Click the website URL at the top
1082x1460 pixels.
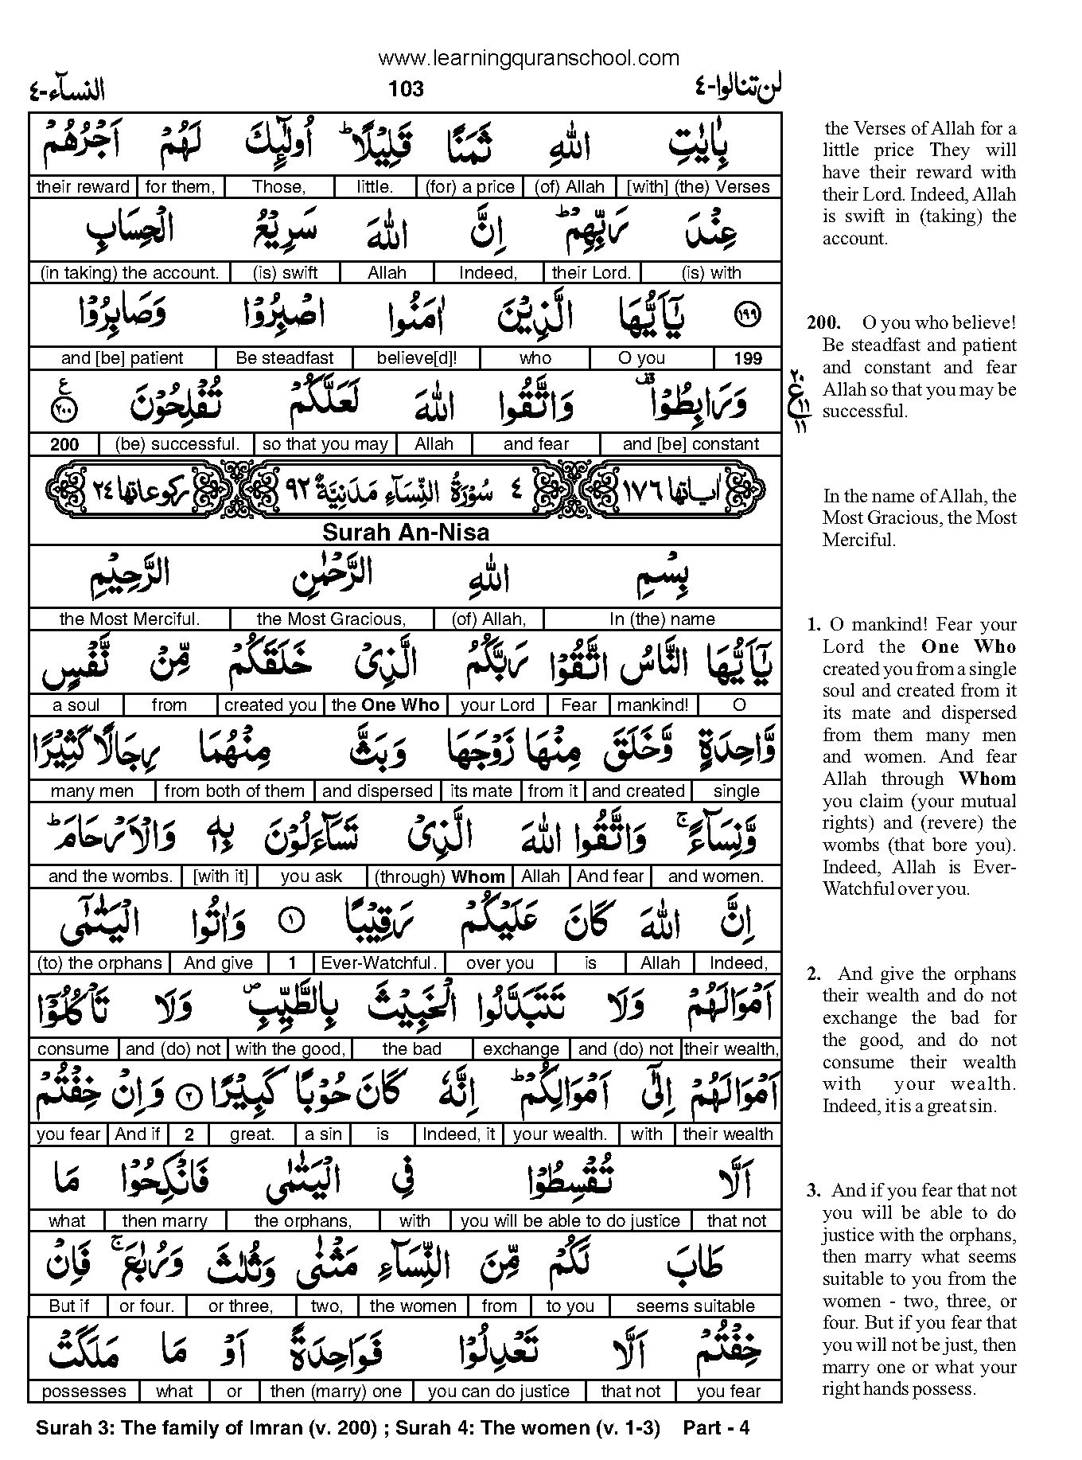click(528, 57)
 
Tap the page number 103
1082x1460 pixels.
click(406, 88)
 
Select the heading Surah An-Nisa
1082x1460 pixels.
click(405, 532)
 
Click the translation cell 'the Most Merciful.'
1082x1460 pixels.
click(129, 619)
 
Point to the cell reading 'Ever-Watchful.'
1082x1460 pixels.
click(379, 962)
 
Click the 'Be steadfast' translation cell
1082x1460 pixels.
click(284, 358)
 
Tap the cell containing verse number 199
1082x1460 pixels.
click(747, 358)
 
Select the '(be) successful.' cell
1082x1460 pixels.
click(177, 444)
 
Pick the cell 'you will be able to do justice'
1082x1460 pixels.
click(570, 1220)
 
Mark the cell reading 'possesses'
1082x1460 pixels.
click(84, 1392)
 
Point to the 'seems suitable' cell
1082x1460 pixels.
click(695, 1306)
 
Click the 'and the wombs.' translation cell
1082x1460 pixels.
click(110, 876)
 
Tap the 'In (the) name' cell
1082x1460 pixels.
click(662, 619)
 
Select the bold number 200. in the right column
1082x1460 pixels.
click(823, 323)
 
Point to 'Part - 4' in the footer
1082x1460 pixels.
click(716, 1428)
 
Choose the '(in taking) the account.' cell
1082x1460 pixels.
click(129, 272)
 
